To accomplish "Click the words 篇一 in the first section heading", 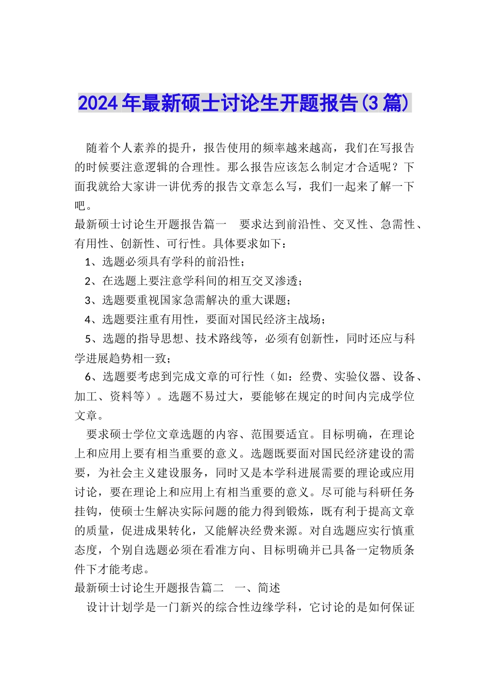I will click(215, 224).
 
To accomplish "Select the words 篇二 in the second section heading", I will click(213, 588).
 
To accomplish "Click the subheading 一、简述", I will click(258, 588).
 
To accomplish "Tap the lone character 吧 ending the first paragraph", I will click(80, 206).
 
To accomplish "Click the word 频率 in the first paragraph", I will click(288, 148).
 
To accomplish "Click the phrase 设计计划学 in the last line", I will click(116, 607).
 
